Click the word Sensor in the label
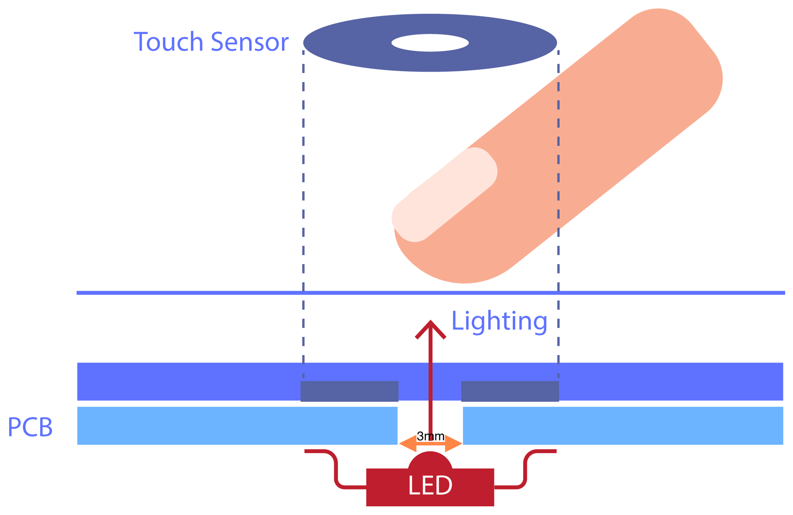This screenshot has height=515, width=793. [250, 42]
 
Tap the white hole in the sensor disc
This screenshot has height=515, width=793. [430, 43]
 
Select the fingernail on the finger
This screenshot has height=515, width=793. [444, 195]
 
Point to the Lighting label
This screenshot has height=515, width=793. [499, 322]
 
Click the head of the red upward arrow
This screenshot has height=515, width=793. [430, 328]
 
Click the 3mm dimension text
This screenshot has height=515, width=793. [430, 436]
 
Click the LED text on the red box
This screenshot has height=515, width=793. [430, 486]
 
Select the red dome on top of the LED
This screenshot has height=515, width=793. [430, 461]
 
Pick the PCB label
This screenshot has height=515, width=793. [30, 427]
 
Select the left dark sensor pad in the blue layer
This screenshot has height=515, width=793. [349, 391]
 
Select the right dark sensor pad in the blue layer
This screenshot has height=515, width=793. [510, 391]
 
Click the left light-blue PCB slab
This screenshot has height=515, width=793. [237, 425]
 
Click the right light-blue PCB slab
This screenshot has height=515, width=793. [623, 425]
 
